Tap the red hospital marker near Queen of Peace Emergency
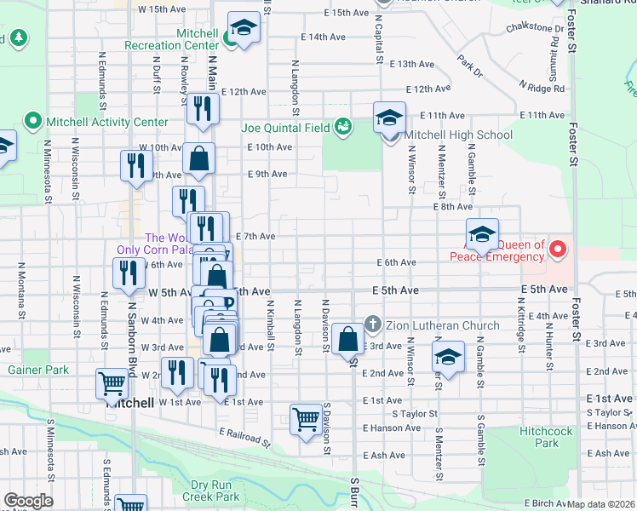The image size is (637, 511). pyautogui.click(x=558, y=250)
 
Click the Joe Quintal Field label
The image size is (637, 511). pyautogui.click(x=285, y=128)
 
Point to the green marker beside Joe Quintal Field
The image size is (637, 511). pyautogui.click(x=342, y=127)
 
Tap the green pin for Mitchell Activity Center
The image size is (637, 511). pyautogui.click(x=33, y=121)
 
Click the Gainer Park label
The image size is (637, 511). pyautogui.click(x=37, y=370)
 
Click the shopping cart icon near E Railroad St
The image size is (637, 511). pyautogui.click(x=306, y=418)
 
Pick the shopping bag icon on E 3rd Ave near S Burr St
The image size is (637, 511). pyautogui.click(x=347, y=338)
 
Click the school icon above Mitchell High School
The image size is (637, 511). pyautogui.click(x=389, y=117)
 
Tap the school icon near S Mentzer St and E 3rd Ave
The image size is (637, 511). pyautogui.click(x=447, y=357)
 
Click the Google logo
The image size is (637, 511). pyautogui.click(x=28, y=501)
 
